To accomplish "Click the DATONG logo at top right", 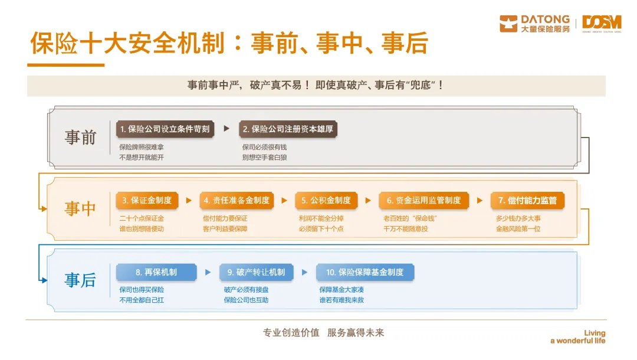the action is coord(534,24).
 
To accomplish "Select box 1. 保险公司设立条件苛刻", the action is coord(165,129).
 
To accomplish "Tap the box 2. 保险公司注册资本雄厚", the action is coord(288,129).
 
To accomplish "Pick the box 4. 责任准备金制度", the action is coord(237,201).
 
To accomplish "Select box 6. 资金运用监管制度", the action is coord(423,201).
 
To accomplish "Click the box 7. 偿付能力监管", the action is coord(527,201).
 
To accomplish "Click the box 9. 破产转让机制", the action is coord(256,272).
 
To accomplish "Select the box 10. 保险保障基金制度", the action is coord(365,272).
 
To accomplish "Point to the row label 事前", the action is coord(80,137).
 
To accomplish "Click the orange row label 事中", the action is coord(80,208).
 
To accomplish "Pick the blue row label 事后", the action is coord(80,280).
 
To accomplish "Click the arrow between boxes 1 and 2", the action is coord(226,128).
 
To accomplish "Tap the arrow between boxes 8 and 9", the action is coord(208,272).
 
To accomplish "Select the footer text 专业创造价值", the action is coord(291,333).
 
